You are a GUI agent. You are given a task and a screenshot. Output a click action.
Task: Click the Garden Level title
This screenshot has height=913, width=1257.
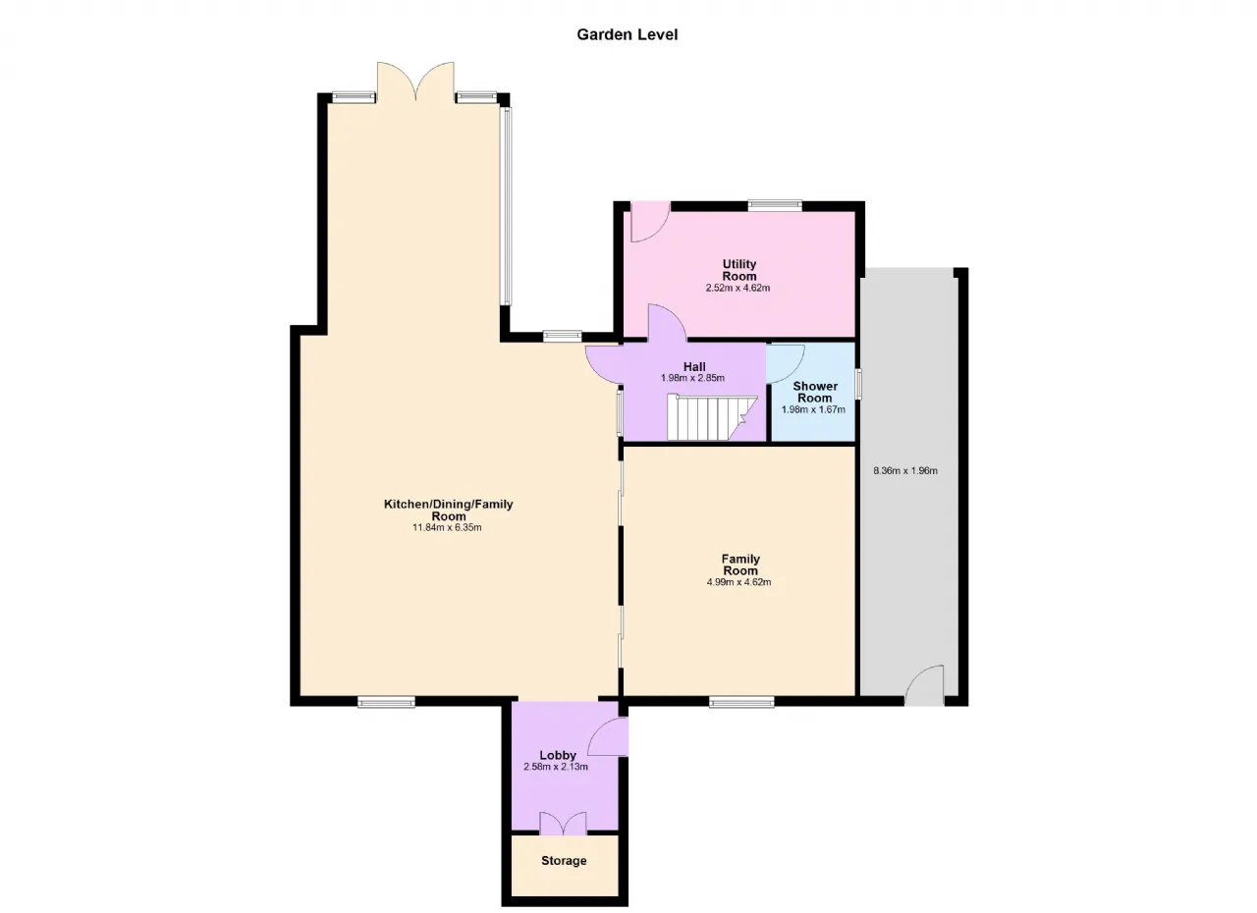(627, 34)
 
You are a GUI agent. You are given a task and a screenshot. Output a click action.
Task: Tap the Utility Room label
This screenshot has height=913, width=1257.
(739, 270)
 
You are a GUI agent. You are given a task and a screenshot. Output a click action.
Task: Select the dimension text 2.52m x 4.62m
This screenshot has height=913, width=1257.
(738, 289)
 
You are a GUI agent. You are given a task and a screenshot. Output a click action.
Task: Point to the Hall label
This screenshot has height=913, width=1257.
(694, 367)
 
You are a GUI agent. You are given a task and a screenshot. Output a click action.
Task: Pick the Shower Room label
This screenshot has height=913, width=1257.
(815, 392)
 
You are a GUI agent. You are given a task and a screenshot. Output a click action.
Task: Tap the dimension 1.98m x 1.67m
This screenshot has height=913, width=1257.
(813, 410)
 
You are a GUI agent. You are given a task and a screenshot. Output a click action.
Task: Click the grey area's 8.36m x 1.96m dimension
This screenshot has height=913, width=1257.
(905, 471)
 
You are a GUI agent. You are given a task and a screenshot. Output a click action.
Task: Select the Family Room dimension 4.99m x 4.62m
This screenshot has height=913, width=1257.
(738, 582)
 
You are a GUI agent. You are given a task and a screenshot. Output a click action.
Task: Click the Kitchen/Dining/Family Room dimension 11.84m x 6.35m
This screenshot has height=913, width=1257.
(447, 528)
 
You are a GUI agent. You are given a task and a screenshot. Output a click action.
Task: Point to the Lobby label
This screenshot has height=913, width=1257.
(558, 755)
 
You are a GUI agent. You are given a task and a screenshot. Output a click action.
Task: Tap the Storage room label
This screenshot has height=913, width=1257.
(564, 861)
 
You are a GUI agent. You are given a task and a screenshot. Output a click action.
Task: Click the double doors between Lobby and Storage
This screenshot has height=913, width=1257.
(563, 824)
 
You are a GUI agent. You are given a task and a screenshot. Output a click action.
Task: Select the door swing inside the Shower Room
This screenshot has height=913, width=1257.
(785, 364)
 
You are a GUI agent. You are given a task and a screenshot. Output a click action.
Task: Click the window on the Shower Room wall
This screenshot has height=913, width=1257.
(858, 384)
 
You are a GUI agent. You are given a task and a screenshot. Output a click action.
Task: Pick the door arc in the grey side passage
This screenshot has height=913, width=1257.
(924, 685)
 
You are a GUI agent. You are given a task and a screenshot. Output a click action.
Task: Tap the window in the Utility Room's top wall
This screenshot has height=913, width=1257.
(775, 205)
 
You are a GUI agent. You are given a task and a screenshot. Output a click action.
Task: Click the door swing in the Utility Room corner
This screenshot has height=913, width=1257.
(650, 222)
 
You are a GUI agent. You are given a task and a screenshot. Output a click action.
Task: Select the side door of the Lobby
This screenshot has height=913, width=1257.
(608, 737)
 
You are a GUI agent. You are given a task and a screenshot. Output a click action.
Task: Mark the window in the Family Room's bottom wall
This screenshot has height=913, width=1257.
(741, 702)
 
